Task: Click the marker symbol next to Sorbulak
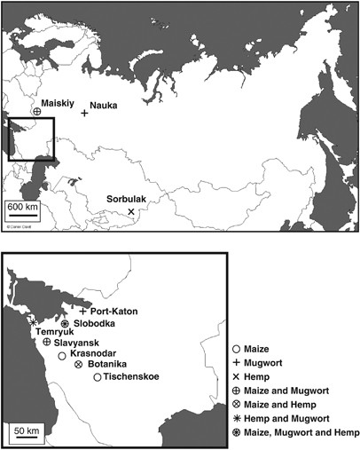pyautogui.click(x=131, y=211)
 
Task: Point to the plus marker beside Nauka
pyautogui.click(x=85, y=114)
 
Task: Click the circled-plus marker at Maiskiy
pyautogui.click(x=37, y=112)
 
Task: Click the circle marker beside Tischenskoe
pyautogui.click(x=97, y=378)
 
